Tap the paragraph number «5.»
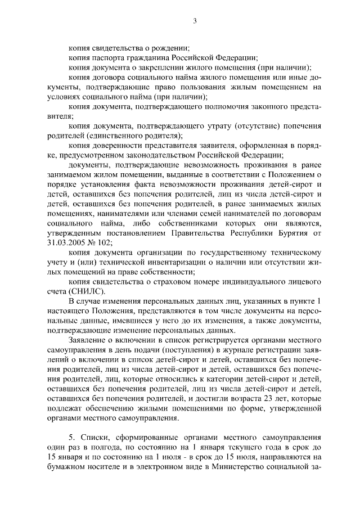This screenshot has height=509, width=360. point(72,437)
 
